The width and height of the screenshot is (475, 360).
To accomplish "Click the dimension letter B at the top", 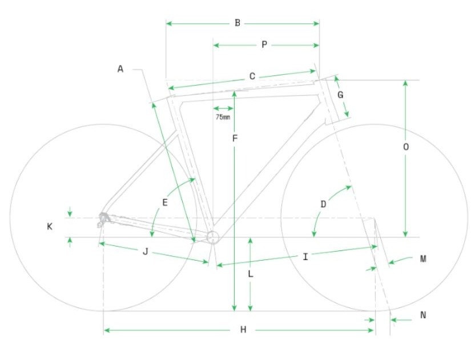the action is pyautogui.click(x=237, y=23).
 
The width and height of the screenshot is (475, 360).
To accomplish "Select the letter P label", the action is pyautogui.click(x=264, y=45).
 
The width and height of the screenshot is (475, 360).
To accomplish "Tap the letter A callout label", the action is pyautogui.click(x=120, y=70).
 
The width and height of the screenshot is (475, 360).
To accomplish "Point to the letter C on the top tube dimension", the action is pyautogui.click(x=252, y=76).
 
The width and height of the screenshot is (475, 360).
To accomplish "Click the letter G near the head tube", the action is pyautogui.click(x=340, y=95).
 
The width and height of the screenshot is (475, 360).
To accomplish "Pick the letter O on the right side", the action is pyautogui.click(x=405, y=147).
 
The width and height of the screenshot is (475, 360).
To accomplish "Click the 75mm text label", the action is pyautogui.click(x=223, y=117).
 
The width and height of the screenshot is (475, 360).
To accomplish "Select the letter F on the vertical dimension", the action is pyautogui.click(x=235, y=139).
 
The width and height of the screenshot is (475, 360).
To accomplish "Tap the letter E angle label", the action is pyautogui.click(x=165, y=203).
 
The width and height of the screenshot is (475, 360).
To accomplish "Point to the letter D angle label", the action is pyautogui.click(x=323, y=204).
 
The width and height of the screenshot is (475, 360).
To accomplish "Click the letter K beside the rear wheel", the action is pyautogui.click(x=50, y=226).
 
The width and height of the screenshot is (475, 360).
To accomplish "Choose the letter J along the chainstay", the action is pyautogui.click(x=146, y=252).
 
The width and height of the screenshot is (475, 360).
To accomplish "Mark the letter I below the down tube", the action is pyautogui.click(x=305, y=257).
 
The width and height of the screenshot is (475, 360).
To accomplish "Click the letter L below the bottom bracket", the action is pyautogui.click(x=251, y=274).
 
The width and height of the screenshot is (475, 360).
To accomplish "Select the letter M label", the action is pyautogui.click(x=423, y=259).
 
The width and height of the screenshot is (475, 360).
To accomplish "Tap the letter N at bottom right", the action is pyautogui.click(x=423, y=315).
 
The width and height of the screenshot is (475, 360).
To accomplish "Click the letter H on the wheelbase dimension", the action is pyautogui.click(x=243, y=330).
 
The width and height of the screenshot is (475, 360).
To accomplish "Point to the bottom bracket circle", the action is pyautogui.click(x=212, y=237).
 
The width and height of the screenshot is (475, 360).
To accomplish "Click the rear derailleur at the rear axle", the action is pyautogui.click(x=103, y=219).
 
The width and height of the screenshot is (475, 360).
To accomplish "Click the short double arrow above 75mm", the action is pyautogui.click(x=223, y=108).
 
